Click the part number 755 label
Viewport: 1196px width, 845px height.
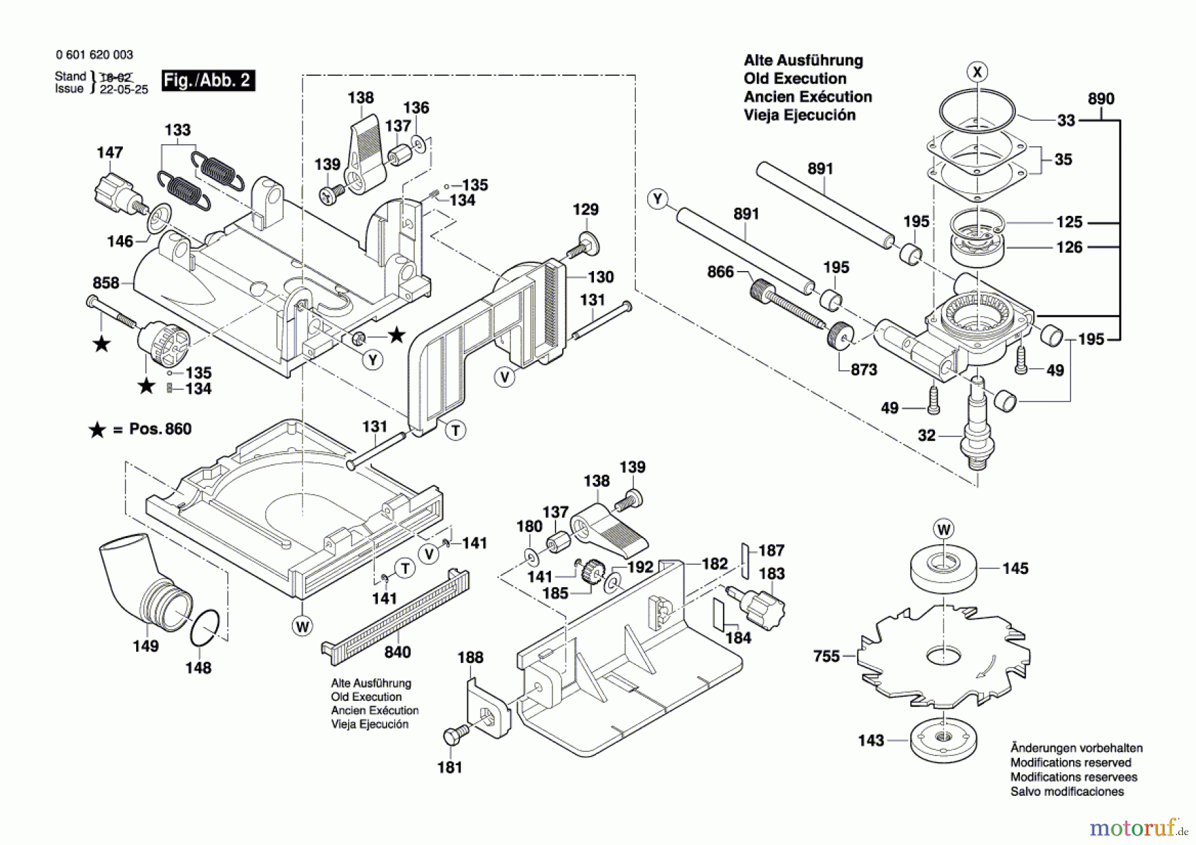tap(827, 656)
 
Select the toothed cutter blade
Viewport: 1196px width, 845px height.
tap(944, 658)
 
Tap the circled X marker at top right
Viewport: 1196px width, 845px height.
tap(977, 72)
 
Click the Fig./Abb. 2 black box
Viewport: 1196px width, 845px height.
tap(209, 80)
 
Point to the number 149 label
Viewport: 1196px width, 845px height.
tap(146, 646)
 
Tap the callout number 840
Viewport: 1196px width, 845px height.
tap(397, 652)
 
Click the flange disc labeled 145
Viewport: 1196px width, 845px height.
tap(944, 567)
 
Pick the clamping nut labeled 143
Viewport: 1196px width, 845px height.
tap(944, 739)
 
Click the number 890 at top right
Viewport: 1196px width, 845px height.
tap(1101, 99)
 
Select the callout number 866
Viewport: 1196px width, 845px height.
tap(720, 272)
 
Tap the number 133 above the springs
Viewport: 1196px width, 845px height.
tap(177, 130)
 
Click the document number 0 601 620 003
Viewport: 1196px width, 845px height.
tap(94, 55)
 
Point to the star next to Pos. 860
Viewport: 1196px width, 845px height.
tap(97, 430)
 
